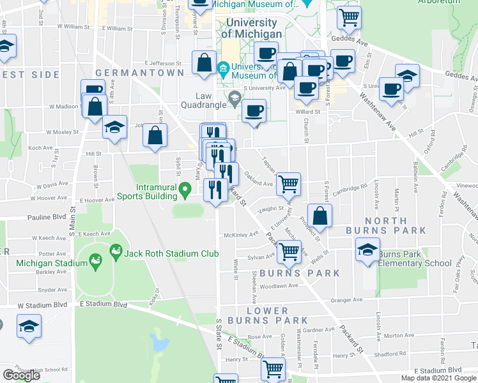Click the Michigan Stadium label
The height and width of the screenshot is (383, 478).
(43, 263)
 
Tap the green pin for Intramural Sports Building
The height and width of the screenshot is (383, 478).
(185, 189)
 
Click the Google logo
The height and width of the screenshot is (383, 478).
(21, 375)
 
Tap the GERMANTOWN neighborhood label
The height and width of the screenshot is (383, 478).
(135, 73)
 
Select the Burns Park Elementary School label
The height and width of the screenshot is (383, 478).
(415, 259)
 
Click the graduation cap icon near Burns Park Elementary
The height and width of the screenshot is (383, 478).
(368, 250)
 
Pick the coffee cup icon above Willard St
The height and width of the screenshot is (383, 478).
(254, 110)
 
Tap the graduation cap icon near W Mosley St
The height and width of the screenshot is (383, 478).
(115, 126)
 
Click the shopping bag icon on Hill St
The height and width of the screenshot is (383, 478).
(155, 135)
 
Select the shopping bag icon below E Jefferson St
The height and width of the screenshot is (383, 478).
(204, 63)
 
